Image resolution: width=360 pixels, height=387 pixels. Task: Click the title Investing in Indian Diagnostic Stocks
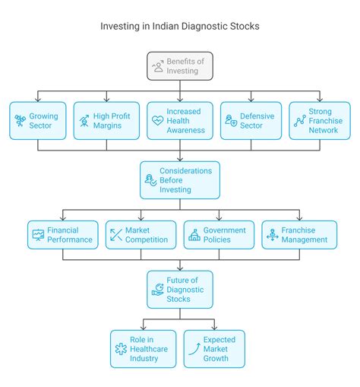[x=179, y=26]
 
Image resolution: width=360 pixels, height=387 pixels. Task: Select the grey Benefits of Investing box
[x=179, y=66]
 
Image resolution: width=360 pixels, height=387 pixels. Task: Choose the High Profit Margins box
[x=106, y=120]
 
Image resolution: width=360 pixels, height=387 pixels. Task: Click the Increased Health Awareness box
[x=179, y=120]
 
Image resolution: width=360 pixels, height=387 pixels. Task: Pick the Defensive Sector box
[x=250, y=120]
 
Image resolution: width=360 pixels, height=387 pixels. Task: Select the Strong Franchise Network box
[x=319, y=120]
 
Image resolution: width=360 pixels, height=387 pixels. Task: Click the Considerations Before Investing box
[x=179, y=180]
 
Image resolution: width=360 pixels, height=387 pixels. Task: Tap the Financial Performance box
[x=62, y=235]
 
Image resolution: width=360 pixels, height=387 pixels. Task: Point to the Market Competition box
[x=141, y=235]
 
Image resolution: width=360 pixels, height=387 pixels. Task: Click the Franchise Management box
[x=298, y=235]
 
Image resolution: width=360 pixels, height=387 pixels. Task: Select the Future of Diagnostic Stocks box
[x=179, y=289]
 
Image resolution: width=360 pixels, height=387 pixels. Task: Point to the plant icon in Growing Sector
[x=21, y=120]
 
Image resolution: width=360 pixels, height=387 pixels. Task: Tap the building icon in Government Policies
[x=194, y=235]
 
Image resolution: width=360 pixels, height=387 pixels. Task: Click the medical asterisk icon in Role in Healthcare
[x=121, y=349]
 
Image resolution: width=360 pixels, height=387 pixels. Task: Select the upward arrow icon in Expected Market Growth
[x=194, y=349]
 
